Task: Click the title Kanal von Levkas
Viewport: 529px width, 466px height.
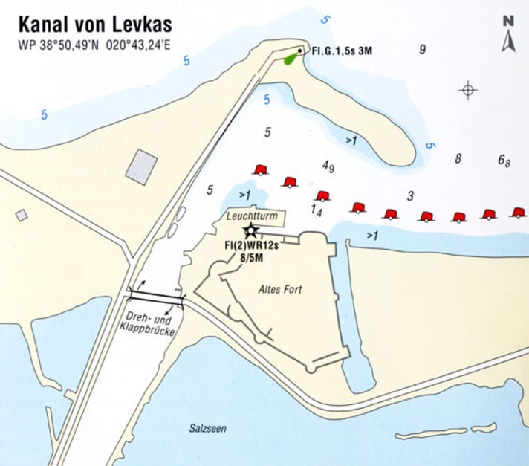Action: pos(95,25)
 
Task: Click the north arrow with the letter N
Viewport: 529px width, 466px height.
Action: pos(508,33)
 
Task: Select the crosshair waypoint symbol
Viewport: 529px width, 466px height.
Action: pos(468,90)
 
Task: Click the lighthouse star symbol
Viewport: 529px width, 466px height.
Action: pos(250,230)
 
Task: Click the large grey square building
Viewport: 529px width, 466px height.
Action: pos(141,166)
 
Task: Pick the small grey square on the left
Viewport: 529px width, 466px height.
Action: pos(22,215)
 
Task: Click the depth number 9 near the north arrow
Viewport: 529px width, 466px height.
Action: pos(422,50)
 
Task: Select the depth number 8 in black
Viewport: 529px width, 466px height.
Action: pos(458,158)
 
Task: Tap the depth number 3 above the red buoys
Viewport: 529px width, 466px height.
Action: pos(410,196)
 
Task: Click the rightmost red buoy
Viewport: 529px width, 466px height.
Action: pos(518,213)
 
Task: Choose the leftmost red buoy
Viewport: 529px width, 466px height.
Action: pos(259,169)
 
